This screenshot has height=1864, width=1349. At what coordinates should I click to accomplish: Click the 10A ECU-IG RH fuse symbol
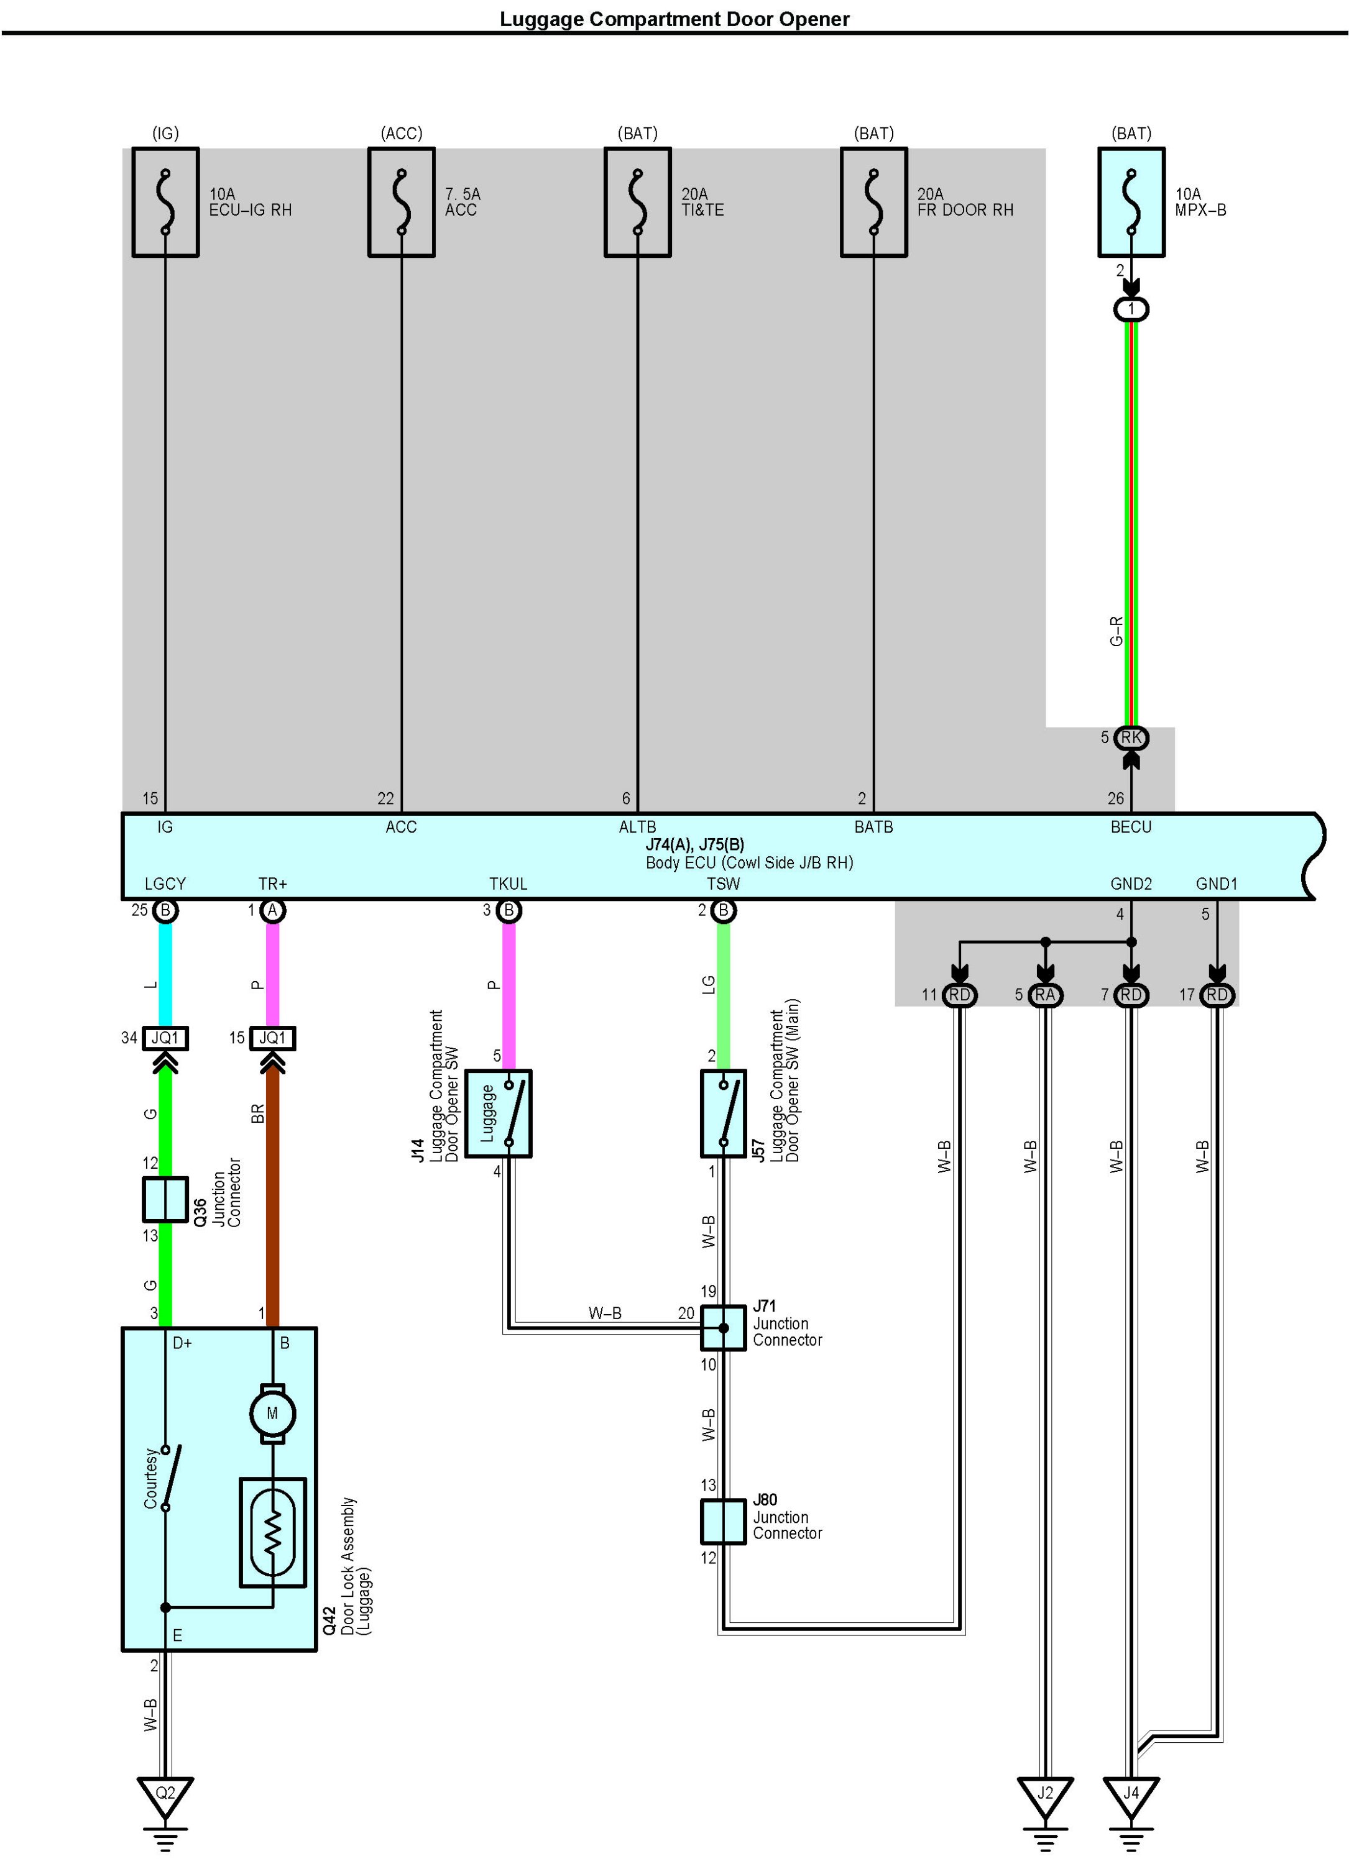(165, 202)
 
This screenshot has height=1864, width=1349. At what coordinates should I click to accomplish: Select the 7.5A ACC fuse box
(401, 202)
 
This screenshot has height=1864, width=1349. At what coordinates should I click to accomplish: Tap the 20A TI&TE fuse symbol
(637, 202)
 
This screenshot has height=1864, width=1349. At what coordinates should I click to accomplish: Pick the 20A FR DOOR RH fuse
(873, 202)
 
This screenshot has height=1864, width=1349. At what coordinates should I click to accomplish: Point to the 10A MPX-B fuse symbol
(1131, 202)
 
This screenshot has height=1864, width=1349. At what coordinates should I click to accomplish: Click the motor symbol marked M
(272, 1414)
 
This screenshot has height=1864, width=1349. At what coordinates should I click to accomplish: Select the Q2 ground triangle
(165, 1793)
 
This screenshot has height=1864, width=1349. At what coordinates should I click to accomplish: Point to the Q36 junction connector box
(165, 1199)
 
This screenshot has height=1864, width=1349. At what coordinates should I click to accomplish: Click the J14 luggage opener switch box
(498, 1113)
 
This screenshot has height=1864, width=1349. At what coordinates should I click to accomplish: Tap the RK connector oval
(1131, 738)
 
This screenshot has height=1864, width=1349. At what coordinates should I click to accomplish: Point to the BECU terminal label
(1131, 828)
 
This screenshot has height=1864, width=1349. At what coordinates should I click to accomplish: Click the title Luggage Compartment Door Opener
(674, 18)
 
